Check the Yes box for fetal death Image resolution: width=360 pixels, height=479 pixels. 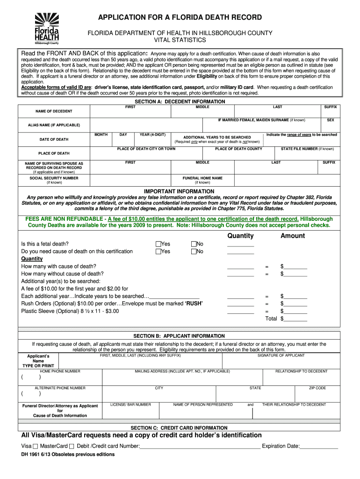(x=158, y=244)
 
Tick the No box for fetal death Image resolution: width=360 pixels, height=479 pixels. (x=193, y=244)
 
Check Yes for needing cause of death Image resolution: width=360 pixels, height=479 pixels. (x=158, y=251)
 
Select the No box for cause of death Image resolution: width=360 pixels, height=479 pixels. (x=193, y=251)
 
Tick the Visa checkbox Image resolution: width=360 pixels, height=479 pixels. (x=36, y=446)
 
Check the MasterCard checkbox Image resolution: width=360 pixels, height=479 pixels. (x=72, y=446)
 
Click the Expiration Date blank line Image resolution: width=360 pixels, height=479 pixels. (x=319, y=446)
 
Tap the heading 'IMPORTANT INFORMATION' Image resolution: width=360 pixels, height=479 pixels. (x=180, y=191)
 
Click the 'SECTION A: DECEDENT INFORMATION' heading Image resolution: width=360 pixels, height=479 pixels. (x=180, y=102)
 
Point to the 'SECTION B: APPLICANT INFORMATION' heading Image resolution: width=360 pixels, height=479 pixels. (x=180, y=336)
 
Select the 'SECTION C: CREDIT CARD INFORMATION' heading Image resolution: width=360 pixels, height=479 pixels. (x=180, y=428)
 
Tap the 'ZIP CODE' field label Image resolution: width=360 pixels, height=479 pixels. (x=317, y=388)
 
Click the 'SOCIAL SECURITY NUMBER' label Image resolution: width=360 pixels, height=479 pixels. (x=54, y=178)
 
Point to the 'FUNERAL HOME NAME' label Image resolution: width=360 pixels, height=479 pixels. (x=202, y=178)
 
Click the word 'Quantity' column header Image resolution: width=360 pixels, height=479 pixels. (x=240, y=236)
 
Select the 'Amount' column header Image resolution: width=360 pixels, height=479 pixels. (x=293, y=236)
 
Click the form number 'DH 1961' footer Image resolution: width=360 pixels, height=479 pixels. (x=32, y=454)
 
